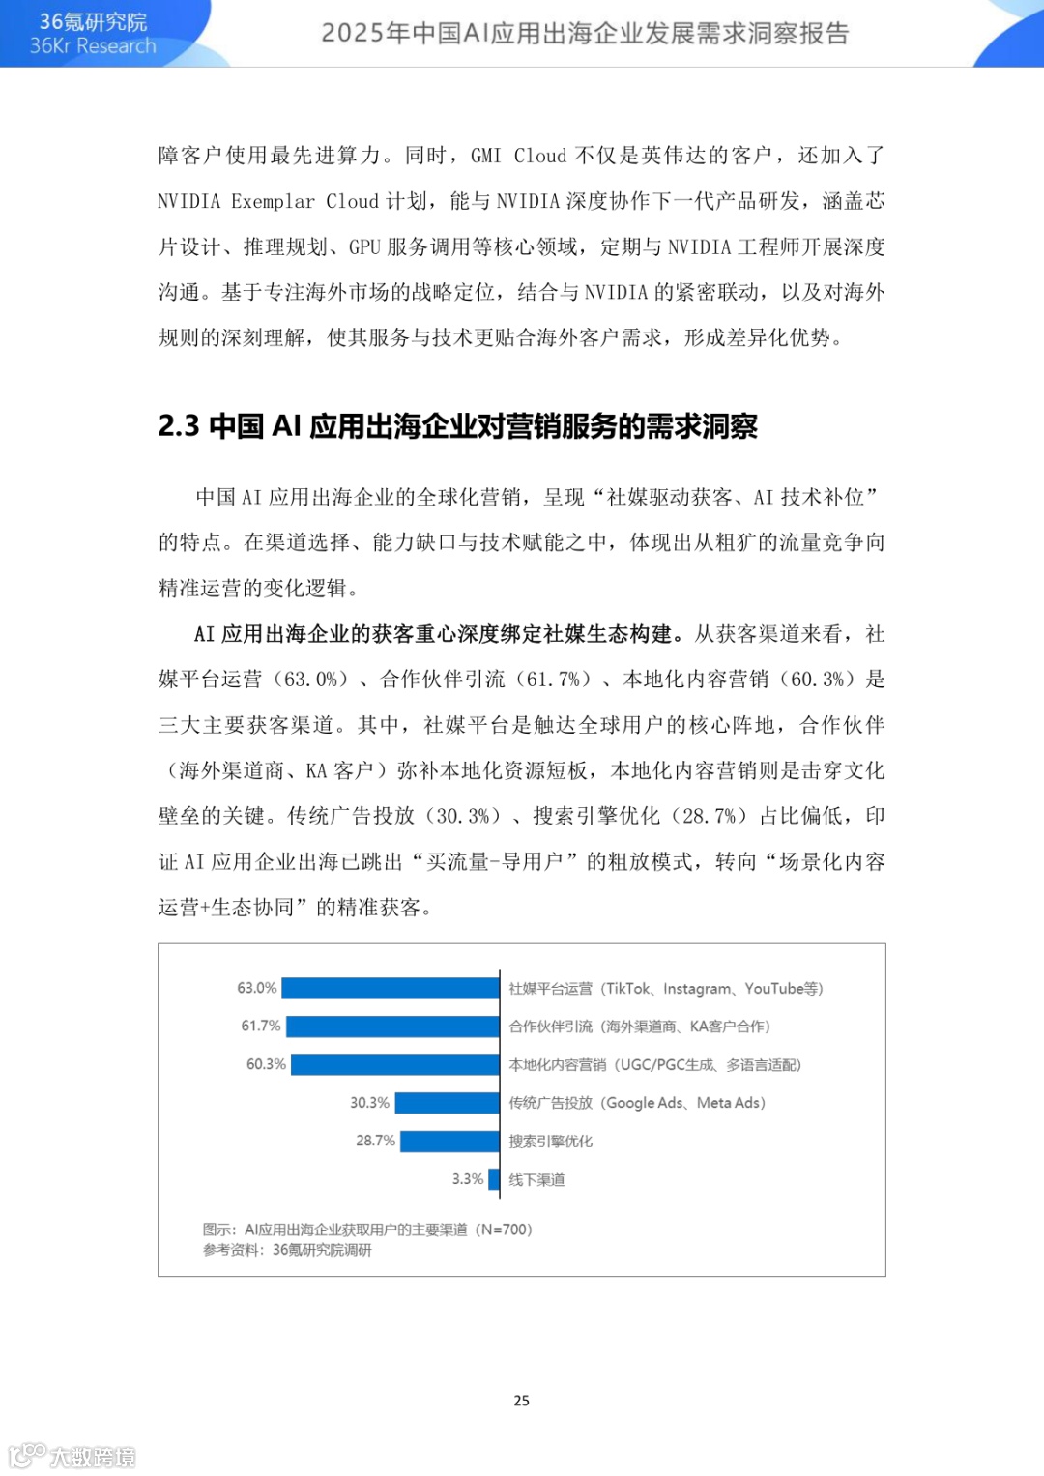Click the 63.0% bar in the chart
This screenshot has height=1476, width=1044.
(390, 988)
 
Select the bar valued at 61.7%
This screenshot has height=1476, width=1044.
(392, 1026)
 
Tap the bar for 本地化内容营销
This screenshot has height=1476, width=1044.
(394, 1064)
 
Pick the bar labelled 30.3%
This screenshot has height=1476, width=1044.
(447, 1103)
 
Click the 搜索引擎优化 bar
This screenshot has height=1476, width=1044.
(449, 1142)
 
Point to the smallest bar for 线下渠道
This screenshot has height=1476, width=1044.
(494, 1179)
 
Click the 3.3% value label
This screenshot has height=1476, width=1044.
(467, 1179)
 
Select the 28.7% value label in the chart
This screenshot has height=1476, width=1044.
(375, 1141)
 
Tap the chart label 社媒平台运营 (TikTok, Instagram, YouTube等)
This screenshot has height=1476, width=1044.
(665, 988)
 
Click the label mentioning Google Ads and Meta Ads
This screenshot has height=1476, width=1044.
(637, 1103)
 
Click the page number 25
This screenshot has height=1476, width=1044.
(522, 1401)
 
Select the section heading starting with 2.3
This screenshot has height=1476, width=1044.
(457, 426)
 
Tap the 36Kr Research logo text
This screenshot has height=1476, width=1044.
(93, 45)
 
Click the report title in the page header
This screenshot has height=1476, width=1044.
(585, 33)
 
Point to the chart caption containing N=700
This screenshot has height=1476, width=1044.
(367, 1230)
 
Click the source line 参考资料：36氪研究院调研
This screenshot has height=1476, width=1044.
(287, 1250)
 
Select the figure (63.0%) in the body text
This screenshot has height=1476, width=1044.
(309, 680)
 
